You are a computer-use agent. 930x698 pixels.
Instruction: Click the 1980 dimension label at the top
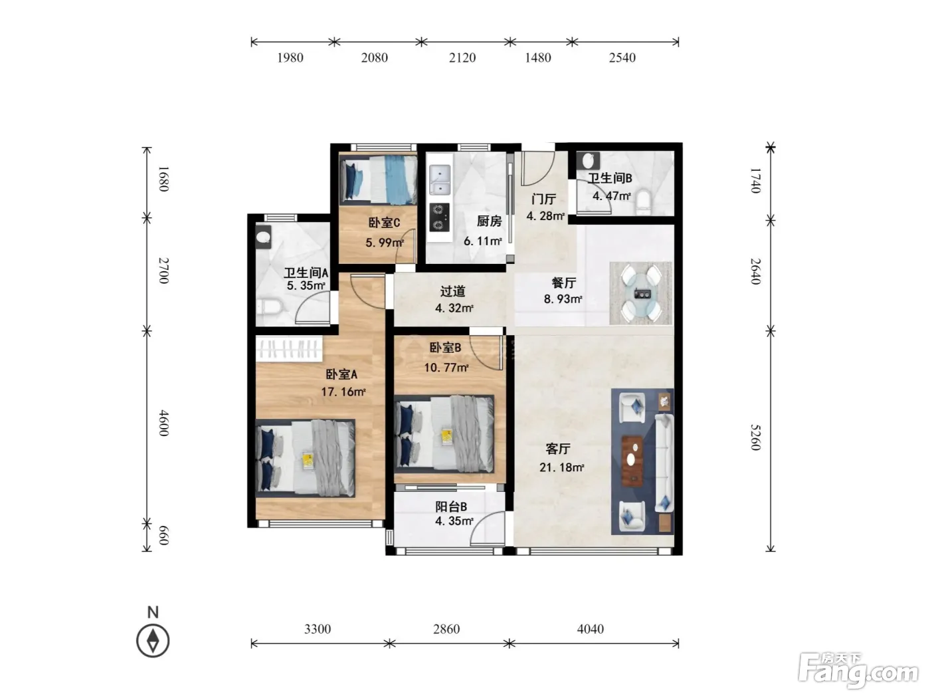coord(290,58)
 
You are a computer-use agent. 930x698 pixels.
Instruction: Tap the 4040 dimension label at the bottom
coord(590,629)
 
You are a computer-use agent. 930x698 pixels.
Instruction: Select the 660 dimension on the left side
coord(163,536)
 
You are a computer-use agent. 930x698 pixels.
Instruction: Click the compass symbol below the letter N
coord(153,640)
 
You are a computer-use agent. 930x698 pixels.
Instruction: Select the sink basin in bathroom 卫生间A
coord(264,237)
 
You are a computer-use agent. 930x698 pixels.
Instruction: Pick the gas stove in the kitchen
coord(439,217)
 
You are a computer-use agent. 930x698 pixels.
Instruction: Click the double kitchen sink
coord(440,179)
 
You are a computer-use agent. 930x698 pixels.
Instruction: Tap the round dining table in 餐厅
coord(640,293)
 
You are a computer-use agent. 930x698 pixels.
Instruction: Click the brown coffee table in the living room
coord(632,461)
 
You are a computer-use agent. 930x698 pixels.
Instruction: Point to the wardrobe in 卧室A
coord(290,349)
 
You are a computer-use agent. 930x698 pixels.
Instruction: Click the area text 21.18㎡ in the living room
coord(562,467)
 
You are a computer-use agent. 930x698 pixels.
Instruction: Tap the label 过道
coord(452,291)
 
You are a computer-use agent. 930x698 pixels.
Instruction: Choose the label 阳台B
coord(451,507)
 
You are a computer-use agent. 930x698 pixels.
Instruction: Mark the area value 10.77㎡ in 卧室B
coord(446,368)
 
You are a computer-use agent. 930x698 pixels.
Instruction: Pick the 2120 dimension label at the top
coord(462,58)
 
